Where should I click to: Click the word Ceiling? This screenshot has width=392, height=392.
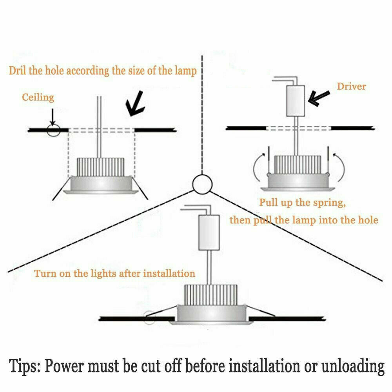pos(38,97)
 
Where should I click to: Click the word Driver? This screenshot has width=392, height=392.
pos(351,86)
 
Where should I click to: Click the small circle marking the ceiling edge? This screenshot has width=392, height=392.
pos(53,130)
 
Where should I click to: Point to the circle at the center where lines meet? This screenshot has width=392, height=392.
pos(202,183)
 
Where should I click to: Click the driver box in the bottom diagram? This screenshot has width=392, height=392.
pos(207,232)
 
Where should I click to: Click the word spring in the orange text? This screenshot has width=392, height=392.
pos(329,203)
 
